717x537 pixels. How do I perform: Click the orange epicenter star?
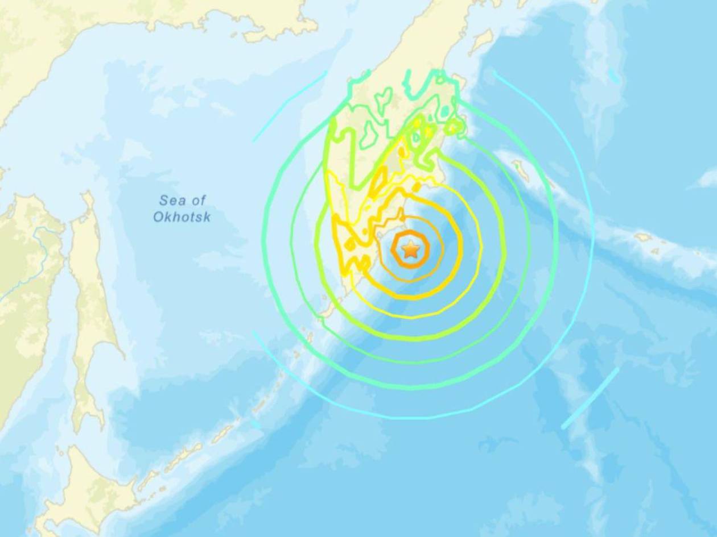(410, 249)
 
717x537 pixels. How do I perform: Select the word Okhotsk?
(182, 217)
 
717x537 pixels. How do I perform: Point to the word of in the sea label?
(198, 201)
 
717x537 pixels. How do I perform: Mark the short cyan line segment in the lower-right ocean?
(590, 398)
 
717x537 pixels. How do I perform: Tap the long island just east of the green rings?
(520, 167)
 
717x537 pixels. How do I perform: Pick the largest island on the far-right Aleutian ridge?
(645, 236)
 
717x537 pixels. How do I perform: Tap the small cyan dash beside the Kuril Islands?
(256, 424)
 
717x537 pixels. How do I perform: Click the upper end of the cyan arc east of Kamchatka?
(495, 73)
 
